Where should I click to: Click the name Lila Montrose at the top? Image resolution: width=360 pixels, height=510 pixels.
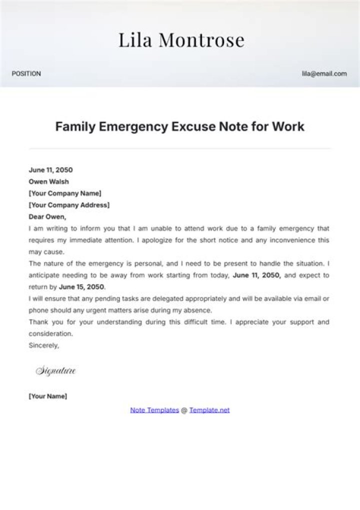click(181, 40)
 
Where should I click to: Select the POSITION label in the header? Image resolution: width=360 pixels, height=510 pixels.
click(26, 74)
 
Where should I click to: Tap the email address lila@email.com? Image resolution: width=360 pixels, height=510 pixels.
click(324, 74)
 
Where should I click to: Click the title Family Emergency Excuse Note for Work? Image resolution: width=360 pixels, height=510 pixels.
click(179, 127)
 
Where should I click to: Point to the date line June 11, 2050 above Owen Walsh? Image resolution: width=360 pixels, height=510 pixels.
click(50, 170)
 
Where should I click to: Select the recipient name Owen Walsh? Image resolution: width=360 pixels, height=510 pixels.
click(49, 182)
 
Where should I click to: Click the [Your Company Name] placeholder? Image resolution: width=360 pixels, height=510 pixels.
click(65, 193)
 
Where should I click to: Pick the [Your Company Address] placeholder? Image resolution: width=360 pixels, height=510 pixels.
click(69, 205)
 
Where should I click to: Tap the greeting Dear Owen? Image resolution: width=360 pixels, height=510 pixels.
click(47, 217)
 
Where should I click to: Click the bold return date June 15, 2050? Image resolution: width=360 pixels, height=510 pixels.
click(81, 287)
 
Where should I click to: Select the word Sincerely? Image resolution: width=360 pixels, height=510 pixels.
click(44, 345)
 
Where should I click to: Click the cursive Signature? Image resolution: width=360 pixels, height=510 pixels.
click(55, 371)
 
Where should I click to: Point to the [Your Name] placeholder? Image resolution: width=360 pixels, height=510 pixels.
click(48, 396)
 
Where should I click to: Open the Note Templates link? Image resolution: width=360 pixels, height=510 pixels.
click(154, 410)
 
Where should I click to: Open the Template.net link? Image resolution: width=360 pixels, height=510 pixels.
click(209, 410)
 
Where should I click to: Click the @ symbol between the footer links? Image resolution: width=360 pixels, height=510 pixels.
click(184, 410)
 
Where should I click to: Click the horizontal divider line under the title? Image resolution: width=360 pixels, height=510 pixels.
click(179, 149)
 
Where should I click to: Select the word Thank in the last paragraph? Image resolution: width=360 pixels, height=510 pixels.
click(37, 322)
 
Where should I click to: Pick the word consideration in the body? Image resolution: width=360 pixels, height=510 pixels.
click(51, 333)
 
